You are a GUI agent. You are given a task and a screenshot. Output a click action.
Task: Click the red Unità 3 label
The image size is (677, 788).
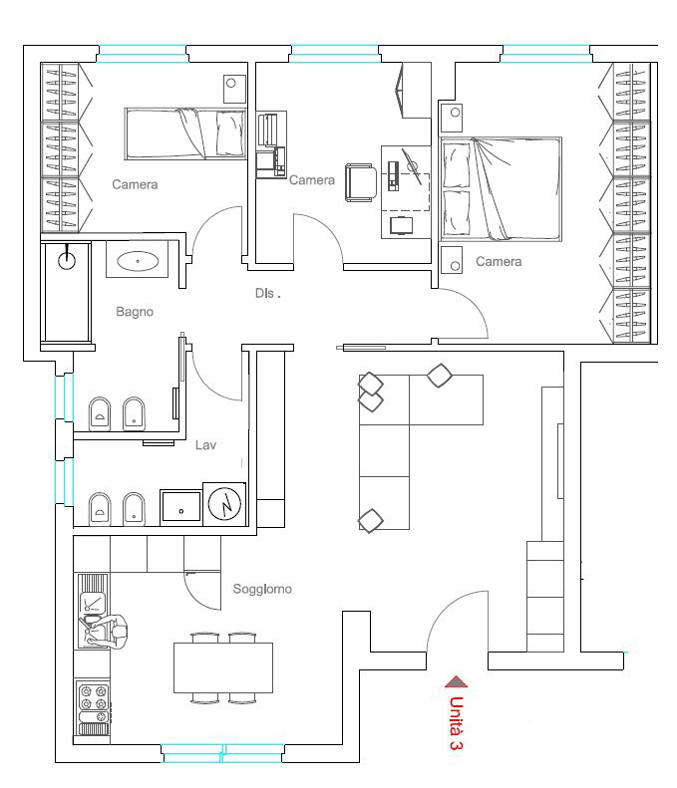pos(456,723)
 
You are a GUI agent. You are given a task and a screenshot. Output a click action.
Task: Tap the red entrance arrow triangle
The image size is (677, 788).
pos(457,682)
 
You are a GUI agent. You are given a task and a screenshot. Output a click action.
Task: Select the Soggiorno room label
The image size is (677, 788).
pos(262,589)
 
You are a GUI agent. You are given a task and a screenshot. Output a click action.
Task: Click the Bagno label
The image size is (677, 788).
pos(135,312)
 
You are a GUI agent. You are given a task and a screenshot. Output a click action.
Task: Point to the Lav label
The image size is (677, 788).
pos(205,444)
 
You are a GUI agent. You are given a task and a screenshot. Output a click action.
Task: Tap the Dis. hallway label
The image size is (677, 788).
pos(267,293)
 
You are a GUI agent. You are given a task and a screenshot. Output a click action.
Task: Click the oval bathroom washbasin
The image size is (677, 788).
pos(138,261)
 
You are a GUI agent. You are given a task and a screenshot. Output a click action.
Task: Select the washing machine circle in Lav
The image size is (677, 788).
pos(224,504)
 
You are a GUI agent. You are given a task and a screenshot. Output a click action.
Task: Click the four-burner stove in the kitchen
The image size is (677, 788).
pos(94,698)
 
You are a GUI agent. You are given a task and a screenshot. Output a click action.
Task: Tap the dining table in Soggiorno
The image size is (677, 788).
pos(223,667)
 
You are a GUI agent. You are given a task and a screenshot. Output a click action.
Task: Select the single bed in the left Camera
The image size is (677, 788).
pos(185,133)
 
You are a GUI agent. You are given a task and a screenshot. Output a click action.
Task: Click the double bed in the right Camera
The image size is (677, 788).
pos(501,189)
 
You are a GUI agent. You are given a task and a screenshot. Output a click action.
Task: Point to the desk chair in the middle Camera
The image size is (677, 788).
pos(361,182)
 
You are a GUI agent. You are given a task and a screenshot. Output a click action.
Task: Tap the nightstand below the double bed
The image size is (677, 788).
pos(451,260)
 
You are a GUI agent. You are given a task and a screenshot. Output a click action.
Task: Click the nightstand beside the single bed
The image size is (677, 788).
pos(234,89)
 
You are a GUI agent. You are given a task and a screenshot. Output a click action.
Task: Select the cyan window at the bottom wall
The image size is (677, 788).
pos(222,753)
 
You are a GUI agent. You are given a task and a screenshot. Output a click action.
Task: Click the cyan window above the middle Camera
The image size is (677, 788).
pos(334,54)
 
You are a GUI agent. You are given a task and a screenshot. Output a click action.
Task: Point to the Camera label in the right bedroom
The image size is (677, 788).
pos(499,261)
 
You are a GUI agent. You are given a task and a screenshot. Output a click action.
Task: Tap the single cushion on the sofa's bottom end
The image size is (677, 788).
pos(371,521)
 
